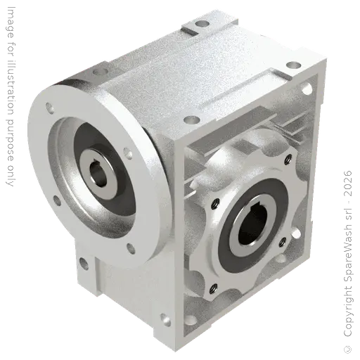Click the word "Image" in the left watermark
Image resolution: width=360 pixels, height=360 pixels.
coord(11,22)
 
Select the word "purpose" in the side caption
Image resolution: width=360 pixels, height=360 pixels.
coord(10,140)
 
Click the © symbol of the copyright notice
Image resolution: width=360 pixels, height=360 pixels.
coord(348,349)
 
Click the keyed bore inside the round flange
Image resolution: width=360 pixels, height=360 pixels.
coord(98,173)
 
